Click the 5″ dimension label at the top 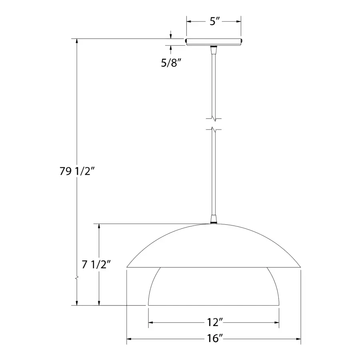click(215, 22)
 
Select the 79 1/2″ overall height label click(77, 171)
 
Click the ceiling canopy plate click(214, 42)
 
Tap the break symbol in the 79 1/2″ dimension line click(77, 278)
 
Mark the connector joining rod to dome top click(214, 219)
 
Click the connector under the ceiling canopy click(214, 50)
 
